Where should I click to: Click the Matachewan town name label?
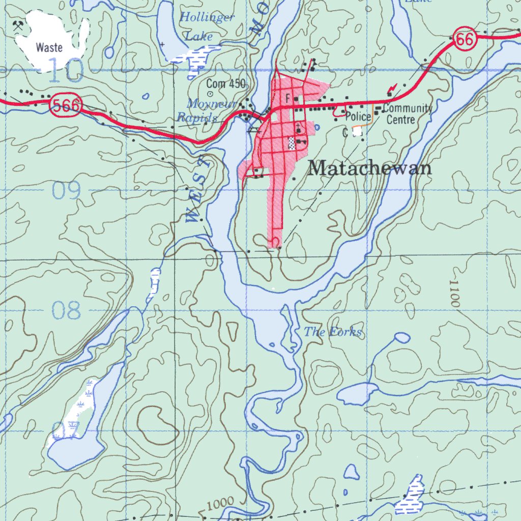click(370, 168)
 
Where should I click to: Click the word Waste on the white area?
click(49, 48)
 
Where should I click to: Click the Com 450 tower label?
click(226, 84)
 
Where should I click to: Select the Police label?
click(358, 117)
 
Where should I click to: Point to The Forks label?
click(333, 333)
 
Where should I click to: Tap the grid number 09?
click(67, 191)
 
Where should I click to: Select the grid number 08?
click(67, 310)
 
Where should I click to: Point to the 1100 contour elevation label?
click(454, 294)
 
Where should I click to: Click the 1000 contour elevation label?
click(221, 503)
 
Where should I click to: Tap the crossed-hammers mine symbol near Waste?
click(19, 24)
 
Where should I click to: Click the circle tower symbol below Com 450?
click(210, 94)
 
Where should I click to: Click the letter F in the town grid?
click(288, 97)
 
